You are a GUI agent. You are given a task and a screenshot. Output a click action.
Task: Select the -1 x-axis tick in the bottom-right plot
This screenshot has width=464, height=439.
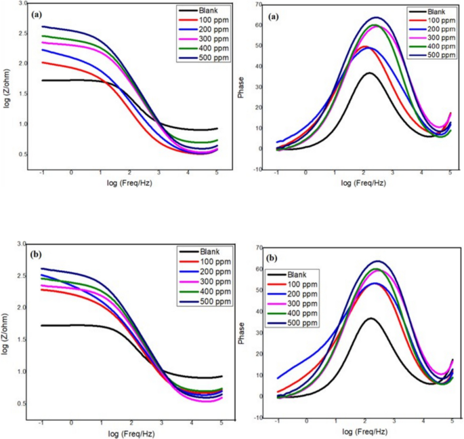tap(278, 421)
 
